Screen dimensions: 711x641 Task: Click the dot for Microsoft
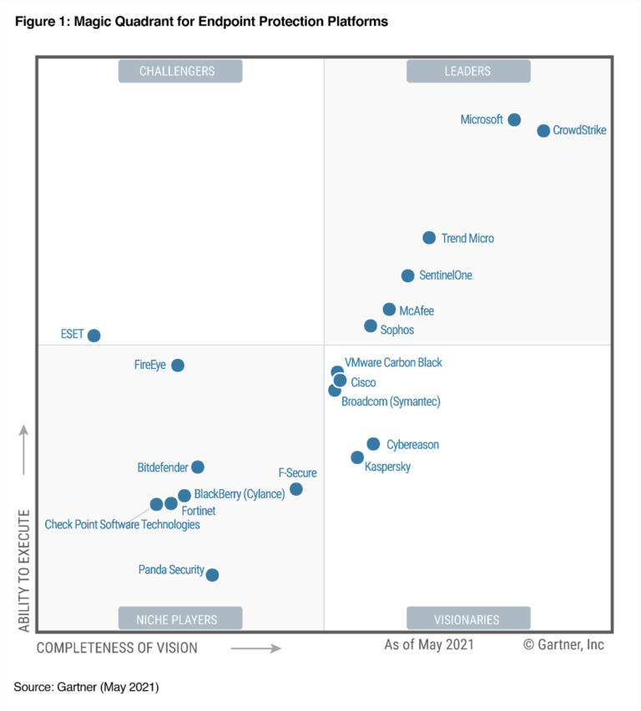(514, 120)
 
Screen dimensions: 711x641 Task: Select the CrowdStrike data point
(543, 131)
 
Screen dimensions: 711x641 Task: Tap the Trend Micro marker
(429, 238)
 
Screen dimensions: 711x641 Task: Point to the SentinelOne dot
(407, 275)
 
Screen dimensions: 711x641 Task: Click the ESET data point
(93, 335)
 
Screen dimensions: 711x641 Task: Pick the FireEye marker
(177, 366)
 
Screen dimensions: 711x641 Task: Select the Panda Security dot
(212, 575)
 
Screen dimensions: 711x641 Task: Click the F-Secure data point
(295, 489)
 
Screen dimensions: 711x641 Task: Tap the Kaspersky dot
(357, 457)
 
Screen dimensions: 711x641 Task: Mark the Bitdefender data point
(197, 467)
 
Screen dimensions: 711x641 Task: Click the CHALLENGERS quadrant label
(179, 72)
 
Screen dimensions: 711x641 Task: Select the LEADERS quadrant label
(467, 72)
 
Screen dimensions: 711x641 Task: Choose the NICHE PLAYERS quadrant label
(179, 619)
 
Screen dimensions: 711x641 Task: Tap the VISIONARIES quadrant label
(467, 619)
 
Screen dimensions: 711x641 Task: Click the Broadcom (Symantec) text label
(391, 402)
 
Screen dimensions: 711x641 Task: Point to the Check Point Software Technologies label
(122, 525)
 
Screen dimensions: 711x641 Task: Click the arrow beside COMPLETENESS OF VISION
(255, 648)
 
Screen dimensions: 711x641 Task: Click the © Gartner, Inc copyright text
(563, 645)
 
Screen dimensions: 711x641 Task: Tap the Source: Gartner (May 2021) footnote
(86, 688)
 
